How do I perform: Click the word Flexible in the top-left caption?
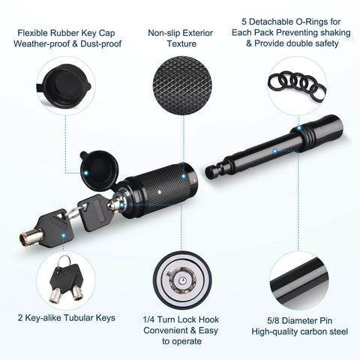click(x=32, y=33)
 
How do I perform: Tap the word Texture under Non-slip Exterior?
click(x=181, y=43)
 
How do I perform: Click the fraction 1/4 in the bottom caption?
click(x=148, y=319)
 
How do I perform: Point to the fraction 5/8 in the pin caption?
click(x=273, y=321)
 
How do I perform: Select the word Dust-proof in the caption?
click(x=100, y=44)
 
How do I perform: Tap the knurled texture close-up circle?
click(x=182, y=85)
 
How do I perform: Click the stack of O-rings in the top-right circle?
click(x=297, y=86)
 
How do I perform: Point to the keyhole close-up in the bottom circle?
click(x=182, y=280)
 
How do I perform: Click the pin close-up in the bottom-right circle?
click(x=299, y=280)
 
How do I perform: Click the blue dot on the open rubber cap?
click(x=86, y=172)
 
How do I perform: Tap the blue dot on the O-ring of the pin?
click(x=299, y=128)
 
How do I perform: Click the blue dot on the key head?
click(x=64, y=235)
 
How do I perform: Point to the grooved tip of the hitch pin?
click(x=215, y=171)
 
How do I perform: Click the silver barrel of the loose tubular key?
click(x=31, y=238)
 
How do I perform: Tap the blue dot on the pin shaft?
click(x=274, y=151)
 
